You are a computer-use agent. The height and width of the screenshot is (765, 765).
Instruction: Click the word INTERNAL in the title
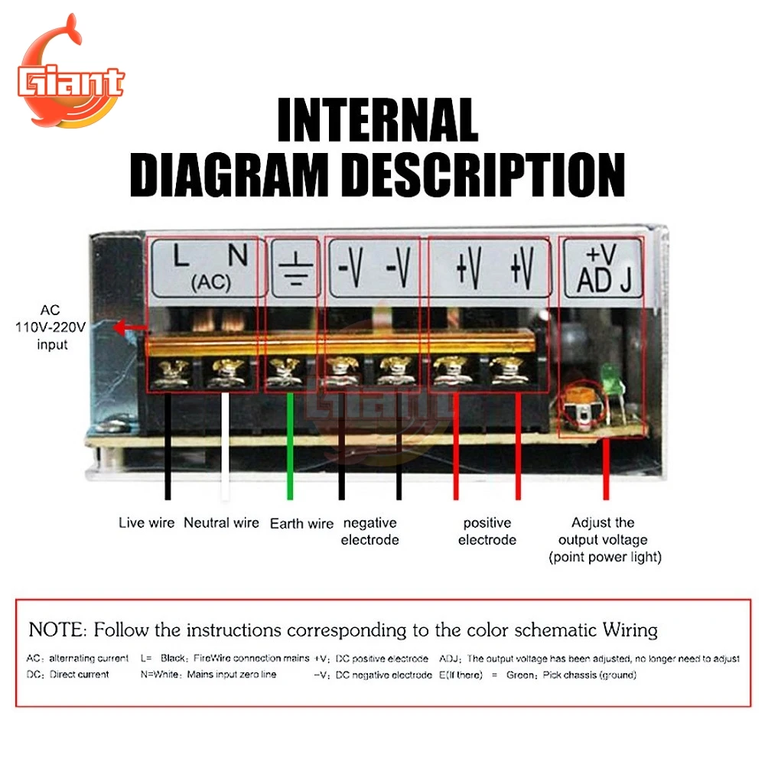(x=377, y=120)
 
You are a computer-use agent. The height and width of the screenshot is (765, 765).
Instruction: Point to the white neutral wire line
(x=225, y=448)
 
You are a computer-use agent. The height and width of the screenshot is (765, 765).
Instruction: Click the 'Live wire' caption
(x=146, y=523)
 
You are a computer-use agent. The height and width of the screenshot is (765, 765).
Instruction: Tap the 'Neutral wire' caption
(x=221, y=523)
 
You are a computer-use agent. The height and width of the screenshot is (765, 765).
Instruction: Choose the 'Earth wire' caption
(x=301, y=524)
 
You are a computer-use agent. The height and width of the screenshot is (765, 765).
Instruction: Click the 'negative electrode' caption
(x=369, y=531)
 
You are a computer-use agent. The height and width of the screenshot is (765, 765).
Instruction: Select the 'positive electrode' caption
(x=487, y=531)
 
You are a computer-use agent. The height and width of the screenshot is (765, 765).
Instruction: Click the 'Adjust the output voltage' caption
(x=604, y=531)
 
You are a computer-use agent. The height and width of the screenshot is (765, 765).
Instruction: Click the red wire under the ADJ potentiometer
(x=606, y=467)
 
